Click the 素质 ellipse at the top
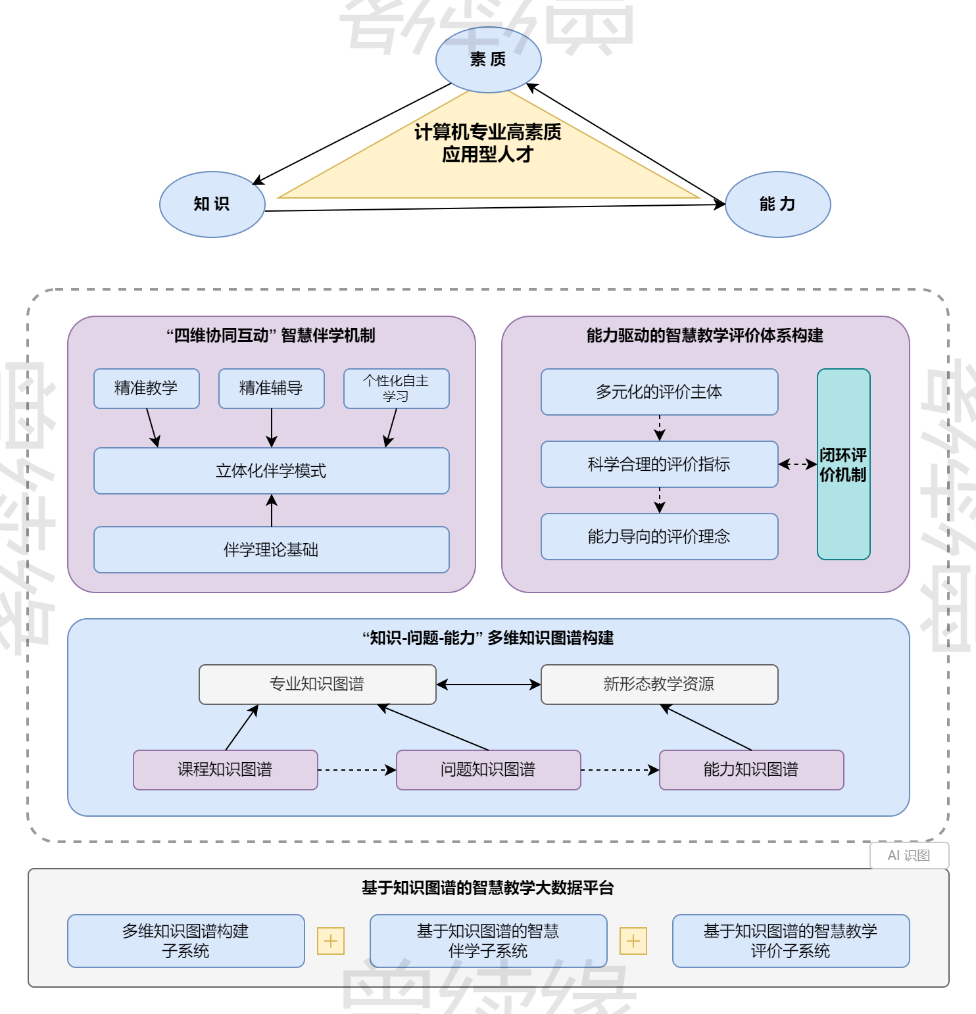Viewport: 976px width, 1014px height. [x=488, y=60]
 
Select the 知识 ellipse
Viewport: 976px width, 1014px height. [x=212, y=205]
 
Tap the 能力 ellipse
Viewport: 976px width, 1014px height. [x=777, y=205]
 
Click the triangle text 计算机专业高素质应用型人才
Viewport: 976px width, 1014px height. [x=487, y=143]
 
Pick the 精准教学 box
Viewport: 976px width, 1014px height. [x=146, y=389]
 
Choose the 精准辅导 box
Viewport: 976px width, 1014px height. [x=271, y=389]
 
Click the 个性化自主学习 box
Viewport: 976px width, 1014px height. [x=396, y=389]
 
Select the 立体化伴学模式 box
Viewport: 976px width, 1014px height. [x=271, y=471]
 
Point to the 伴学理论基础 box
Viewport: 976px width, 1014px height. [x=271, y=550]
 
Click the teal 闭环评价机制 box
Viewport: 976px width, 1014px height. [x=843, y=464]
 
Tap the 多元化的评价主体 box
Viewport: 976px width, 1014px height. [x=659, y=392]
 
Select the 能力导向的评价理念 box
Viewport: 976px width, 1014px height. [x=659, y=537]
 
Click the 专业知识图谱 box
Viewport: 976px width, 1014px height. [x=317, y=685]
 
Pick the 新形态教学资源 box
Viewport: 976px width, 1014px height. [x=659, y=685]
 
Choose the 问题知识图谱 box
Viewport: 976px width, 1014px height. [x=488, y=770]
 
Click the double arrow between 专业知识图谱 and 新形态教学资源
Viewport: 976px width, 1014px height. [x=488, y=685]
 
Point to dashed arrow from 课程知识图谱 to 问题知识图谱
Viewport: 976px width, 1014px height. [x=356, y=770]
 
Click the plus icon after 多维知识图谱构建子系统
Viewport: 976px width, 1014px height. [x=331, y=941]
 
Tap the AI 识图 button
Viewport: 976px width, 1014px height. [x=909, y=856]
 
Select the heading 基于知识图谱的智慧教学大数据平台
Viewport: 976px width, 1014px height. [x=488, y=888]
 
